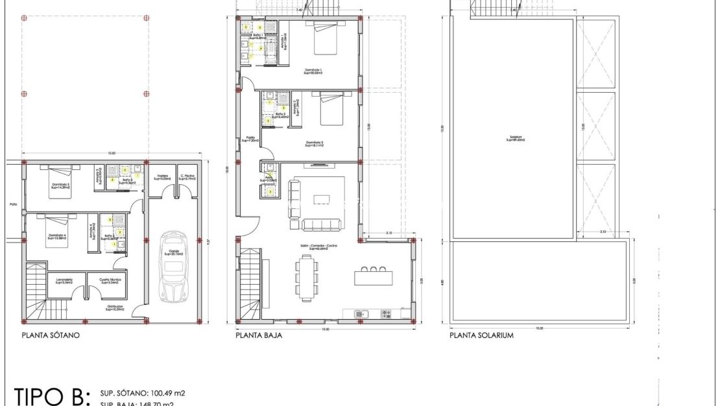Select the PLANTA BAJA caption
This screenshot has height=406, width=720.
tap(259, 336)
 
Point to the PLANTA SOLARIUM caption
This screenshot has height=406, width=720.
tap(481, 336)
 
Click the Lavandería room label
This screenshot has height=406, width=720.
tap(63, 281)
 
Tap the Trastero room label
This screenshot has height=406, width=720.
tap(162, 176)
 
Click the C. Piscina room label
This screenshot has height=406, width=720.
tap(189, 176)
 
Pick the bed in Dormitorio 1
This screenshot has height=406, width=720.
tap(324, 40)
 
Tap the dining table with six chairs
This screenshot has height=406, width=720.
tap(307, 277)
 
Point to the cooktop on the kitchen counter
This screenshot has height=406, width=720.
tap(387, 314)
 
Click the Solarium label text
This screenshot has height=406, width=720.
tap(516, 138)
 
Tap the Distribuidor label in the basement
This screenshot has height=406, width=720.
tap(114, 309)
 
